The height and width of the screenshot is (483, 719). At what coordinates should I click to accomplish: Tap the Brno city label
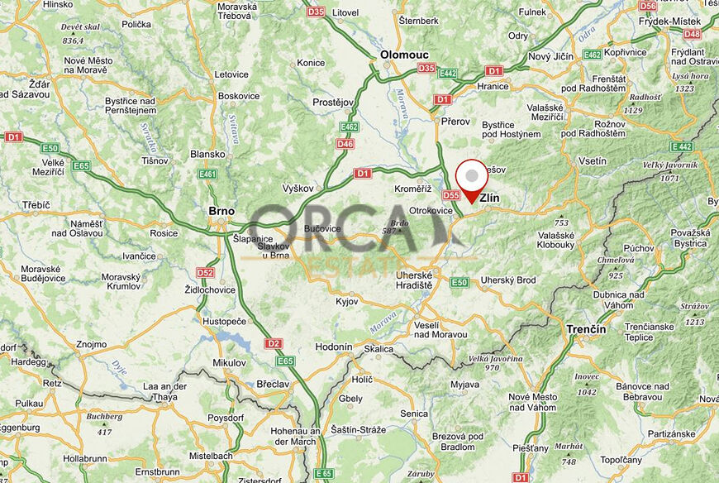tap(221, 212)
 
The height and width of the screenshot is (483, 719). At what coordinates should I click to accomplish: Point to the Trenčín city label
tap(586, 329)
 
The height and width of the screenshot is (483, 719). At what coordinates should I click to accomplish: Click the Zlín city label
tap(489, 198)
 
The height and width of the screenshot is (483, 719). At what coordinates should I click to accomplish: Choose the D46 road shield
tap(345, 145)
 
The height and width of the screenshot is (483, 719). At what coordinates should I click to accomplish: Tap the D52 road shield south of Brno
tap(205, 273)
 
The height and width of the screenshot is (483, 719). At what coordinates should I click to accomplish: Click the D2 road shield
tap(274, 342)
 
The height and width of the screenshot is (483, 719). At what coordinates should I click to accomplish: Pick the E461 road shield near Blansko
tap(207, 174)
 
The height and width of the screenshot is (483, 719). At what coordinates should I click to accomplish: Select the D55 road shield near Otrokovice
tap(450, 196)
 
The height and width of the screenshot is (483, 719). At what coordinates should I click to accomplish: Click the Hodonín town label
tap(335, 347)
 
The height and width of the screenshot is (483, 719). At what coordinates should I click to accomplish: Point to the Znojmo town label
tap(91, 344)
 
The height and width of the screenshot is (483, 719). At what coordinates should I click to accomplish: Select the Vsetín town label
tap(593, 161)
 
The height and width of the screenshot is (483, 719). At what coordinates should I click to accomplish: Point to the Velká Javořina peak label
tap(495, 358)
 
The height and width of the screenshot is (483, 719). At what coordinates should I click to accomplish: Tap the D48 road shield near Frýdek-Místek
tap(692, 34)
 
